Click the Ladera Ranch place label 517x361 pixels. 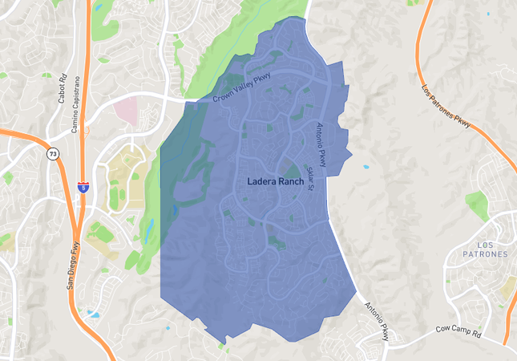(275, 182)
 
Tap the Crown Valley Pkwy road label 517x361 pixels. (241, 87)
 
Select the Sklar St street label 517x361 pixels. (309, 178)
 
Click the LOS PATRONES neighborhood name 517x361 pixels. (486, 249)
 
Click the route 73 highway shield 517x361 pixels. (52, 153)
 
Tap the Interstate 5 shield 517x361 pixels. (83, 187)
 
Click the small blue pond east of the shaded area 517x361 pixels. (366, 167)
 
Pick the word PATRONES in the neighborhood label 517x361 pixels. (486, 254)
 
